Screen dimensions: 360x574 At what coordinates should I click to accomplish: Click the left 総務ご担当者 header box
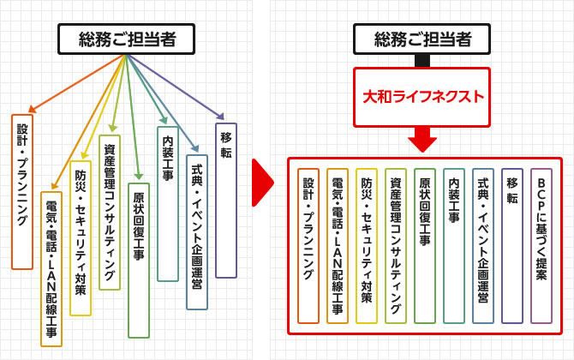(x=126, y=39)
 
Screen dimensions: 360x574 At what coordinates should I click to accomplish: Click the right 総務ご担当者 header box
(x=422, y=39)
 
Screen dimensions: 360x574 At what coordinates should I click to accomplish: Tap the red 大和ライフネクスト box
(x=422, y=96)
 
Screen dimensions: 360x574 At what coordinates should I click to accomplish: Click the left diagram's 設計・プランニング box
(x=22, y=191)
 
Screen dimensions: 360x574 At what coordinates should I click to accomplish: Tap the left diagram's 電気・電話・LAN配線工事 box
(x=51, y=268)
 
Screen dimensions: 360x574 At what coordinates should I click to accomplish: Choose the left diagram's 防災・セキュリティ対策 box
(x=81, y=237)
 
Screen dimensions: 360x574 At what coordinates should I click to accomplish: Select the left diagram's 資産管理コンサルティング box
(x=110, y=212)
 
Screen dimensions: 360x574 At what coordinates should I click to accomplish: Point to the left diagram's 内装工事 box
(x=168, y=203)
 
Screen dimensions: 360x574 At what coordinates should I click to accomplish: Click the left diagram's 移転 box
(x=226, y=205)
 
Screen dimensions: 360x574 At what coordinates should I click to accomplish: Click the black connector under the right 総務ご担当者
(x=422, y=61)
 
